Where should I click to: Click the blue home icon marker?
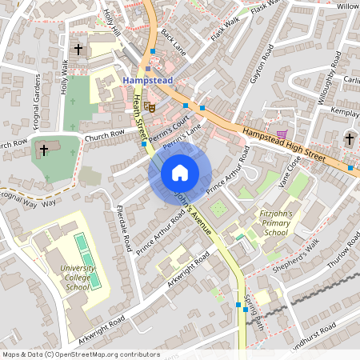click(x=180, y=173)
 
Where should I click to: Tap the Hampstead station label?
click(x=147, y=81)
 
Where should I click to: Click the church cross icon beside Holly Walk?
click(x=78, y=50)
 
